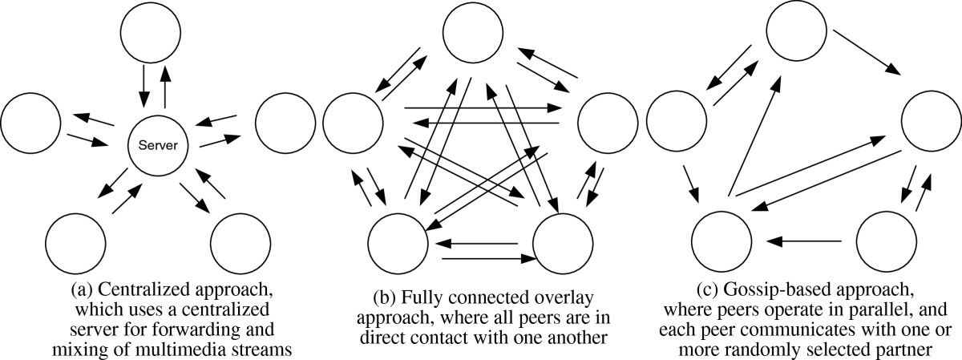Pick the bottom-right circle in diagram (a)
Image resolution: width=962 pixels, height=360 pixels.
(x=238, y=238)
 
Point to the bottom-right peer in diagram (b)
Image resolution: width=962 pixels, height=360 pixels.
(x=563, y=239)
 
